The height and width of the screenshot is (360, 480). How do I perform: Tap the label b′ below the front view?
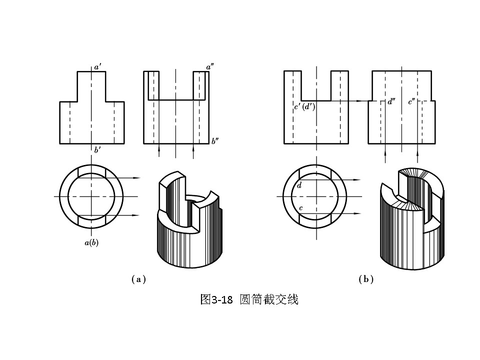click(x=97, y=149)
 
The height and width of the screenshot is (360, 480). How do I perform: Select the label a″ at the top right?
click(x=210, y=66)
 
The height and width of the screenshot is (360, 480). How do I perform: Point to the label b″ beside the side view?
click(x=215, y=141)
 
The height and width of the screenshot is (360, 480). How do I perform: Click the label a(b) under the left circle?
click(x=91, y=243)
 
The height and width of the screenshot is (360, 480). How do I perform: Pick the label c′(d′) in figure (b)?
click(x=304, y=106)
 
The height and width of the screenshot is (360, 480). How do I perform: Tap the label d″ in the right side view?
click(x=391, y=101)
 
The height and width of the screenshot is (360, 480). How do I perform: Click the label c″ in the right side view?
click(x=412, y=101)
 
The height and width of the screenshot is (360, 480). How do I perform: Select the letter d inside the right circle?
click(x=299, y=185)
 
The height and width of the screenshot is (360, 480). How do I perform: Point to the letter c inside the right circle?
click(x=300, y=208)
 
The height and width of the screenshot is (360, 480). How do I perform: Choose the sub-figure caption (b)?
click(x=366, y=279)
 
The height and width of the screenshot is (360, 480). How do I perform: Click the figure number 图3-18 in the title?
click(x=216, y=299)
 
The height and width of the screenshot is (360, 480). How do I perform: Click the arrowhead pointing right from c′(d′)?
click(x=358, y=101)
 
